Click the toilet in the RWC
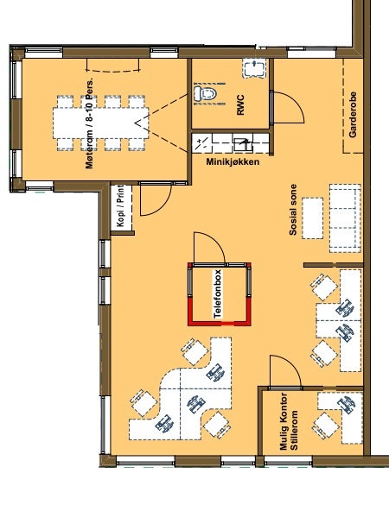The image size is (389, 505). [205, 93]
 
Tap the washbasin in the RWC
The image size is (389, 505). [254, 68]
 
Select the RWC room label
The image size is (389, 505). [240, 104]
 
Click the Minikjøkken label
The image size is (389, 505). [233, 161]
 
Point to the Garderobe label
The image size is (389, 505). [353, 115]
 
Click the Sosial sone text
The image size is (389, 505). [293, 210]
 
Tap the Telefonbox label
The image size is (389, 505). [218, 294]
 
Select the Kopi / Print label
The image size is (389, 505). [120, 206]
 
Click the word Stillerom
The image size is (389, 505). [294, 430]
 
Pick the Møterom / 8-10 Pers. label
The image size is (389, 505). [91, 123]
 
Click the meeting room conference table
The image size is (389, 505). [101, 123]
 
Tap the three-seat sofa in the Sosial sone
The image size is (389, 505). [345, 218]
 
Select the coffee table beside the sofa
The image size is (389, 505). [312, 218]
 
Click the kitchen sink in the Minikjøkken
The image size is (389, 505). [243, 144]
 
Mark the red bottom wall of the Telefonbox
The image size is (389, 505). [220, 324]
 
